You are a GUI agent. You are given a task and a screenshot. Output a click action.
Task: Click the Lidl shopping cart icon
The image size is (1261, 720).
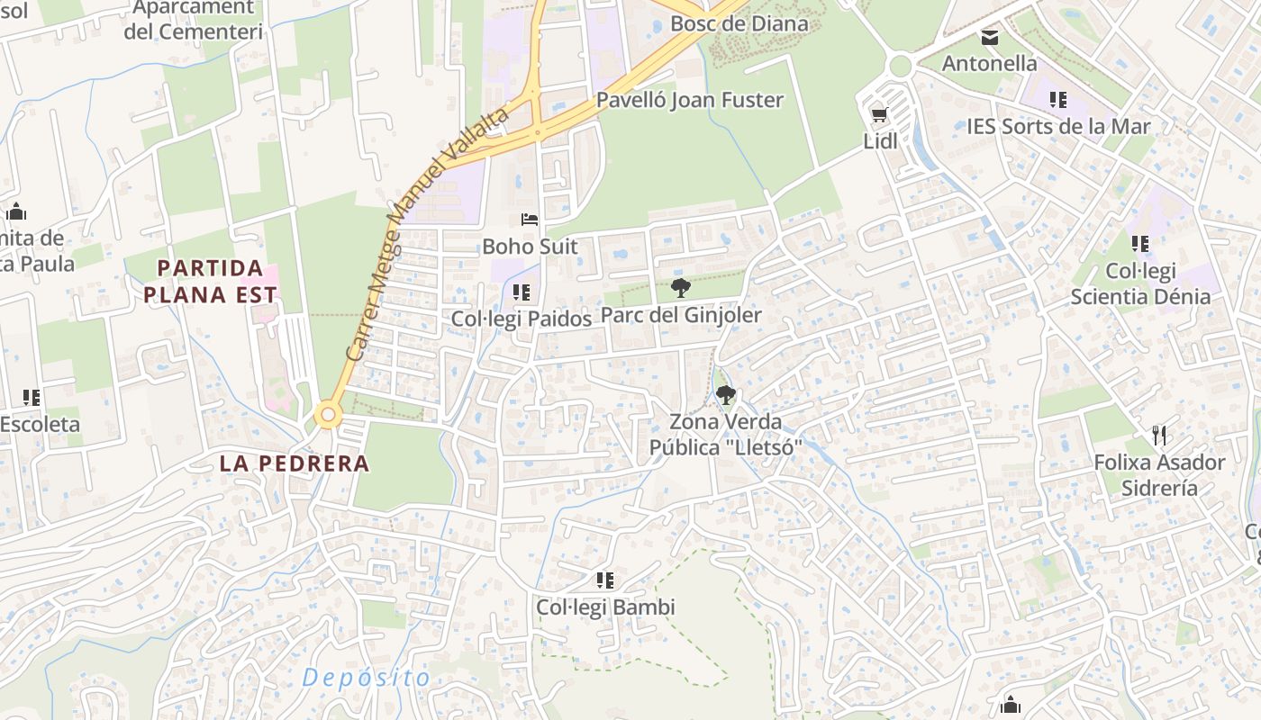coord(879,114)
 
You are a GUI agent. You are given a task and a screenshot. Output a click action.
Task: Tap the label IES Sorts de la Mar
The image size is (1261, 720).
coord(1058,126)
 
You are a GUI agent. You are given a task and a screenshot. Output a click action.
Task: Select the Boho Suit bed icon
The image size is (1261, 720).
coord(530,220)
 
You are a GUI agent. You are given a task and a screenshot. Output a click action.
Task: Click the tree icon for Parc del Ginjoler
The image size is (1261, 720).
coord(681,288)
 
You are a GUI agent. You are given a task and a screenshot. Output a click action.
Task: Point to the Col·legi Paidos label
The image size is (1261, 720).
coord(522,319)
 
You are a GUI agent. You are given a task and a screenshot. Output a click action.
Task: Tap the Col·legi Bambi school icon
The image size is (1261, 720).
coord(605,580)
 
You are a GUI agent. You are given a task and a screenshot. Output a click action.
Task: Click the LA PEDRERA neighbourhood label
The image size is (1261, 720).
coord(295,463)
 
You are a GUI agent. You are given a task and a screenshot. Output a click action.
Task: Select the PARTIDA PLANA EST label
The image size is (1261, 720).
coord(211,281)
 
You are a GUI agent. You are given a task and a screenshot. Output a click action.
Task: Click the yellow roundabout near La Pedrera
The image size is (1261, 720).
coord(328,416)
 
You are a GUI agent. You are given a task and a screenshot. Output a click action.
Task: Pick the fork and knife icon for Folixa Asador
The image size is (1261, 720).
coord(1159,436)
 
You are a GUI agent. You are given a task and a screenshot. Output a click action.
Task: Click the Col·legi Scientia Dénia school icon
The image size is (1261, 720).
coord(1140,244)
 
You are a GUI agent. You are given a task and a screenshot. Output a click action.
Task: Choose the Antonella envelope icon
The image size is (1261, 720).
coord(990,37)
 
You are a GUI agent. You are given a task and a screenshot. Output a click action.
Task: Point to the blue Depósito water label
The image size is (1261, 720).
coord(367,678)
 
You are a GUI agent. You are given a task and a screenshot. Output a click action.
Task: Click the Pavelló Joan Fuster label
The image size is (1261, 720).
coord(690,100)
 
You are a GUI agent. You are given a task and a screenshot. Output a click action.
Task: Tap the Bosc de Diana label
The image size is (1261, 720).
coord(739,22)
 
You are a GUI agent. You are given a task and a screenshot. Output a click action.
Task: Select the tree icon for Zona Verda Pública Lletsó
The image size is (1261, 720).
coord(725,394)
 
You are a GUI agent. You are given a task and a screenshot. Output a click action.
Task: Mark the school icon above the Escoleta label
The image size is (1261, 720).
coord(32,397)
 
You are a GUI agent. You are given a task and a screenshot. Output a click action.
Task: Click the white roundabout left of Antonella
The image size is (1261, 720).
coord(899,66)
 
